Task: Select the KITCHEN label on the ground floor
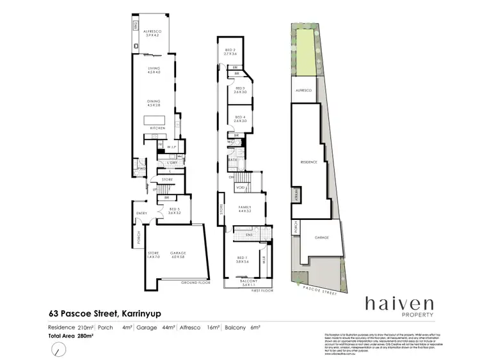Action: tap(157, 129)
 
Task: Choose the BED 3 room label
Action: tap(240, 90)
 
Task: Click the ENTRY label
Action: tap(141, 214)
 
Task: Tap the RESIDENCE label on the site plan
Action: tap(309, 162)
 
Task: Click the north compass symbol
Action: tap(60, 349)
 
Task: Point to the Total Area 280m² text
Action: tap(72, 335)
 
